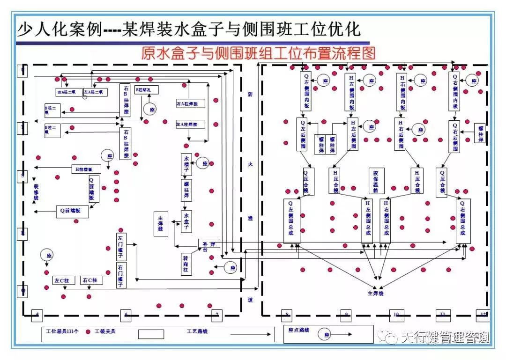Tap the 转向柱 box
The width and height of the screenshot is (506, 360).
click(186, 264)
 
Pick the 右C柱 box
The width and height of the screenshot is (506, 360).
click(89, 280)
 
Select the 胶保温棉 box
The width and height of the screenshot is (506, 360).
click(375, 181)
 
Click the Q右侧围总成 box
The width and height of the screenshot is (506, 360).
click(463, 221)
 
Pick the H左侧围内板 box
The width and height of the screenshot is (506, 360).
click(352, 92)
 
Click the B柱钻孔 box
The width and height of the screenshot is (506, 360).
click(146, 89)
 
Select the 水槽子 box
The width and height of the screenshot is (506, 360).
click(186, 164)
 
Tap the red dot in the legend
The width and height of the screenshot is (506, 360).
click(88, 332)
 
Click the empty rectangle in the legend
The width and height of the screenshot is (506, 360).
click(151, 334)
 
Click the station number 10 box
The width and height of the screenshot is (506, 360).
click(396, 315)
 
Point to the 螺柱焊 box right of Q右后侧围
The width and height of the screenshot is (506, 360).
click(480, 134)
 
